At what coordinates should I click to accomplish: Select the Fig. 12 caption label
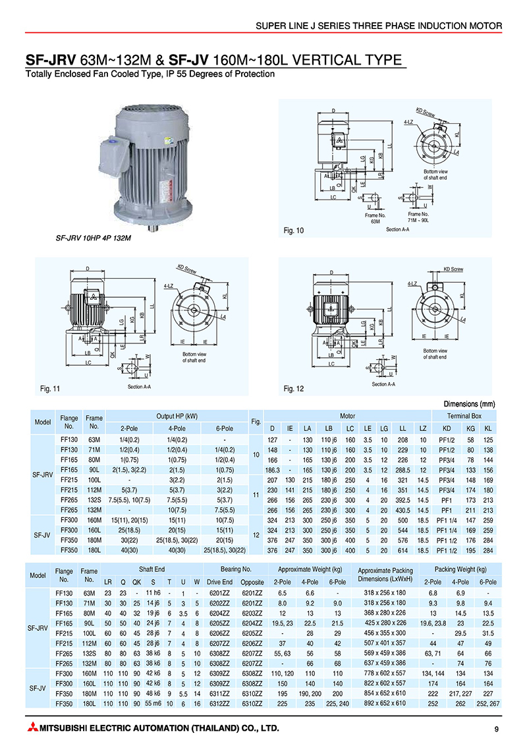pos(293,388)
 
